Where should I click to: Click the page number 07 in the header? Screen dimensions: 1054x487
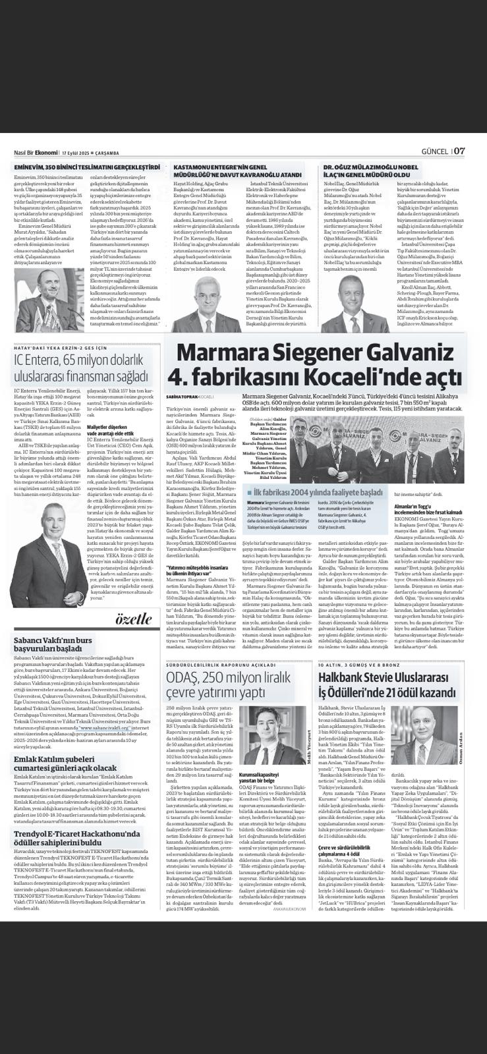(x=459, y=150)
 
